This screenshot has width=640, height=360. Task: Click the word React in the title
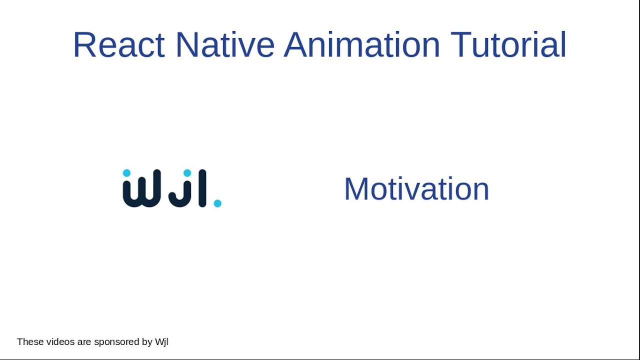coord(118,45)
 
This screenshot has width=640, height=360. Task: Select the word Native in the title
coord(224,45)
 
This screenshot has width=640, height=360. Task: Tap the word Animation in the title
coord(361,45)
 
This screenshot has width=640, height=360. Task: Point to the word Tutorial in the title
coord(508,45)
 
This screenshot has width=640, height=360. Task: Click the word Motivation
coord(416,189)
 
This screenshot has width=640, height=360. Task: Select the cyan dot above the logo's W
coord(126,173)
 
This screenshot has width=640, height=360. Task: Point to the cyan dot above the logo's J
coord(187,173)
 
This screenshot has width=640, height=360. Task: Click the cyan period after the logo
coord(217,203)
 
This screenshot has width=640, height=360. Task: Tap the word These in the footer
coord(30,342)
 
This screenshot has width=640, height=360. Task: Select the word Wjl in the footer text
coord(161,342)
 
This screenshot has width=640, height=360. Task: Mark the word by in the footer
coord(147,342)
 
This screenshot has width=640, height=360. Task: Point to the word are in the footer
coord(83,342)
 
